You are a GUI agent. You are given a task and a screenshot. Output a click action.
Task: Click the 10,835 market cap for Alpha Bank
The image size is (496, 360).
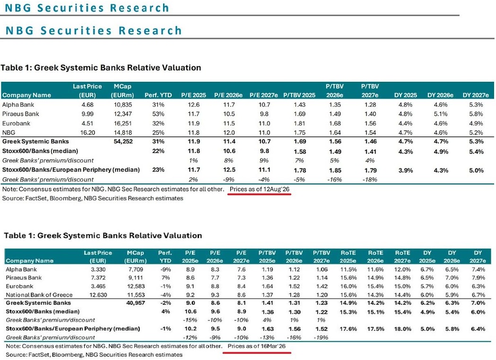[x=123, y=104]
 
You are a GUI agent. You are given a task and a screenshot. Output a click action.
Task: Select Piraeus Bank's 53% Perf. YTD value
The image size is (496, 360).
[x=158, y=114]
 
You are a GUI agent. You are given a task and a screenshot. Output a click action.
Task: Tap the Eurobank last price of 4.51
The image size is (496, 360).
[x=87, y=123]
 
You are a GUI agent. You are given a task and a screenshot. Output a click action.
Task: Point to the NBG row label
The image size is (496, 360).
[x=9, y=132]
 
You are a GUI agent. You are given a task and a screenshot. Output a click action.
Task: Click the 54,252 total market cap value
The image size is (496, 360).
[x=123, y=141]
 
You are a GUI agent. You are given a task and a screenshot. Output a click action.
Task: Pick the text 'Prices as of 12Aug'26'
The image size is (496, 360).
[x=260, y=189]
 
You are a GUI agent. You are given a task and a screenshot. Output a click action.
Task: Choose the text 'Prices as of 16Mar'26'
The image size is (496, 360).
[x=257, y=346]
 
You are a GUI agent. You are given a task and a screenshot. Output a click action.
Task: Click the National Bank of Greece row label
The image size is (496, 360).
[x=39, y=295]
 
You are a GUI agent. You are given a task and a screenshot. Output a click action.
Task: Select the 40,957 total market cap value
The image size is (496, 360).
[x=135, y=303]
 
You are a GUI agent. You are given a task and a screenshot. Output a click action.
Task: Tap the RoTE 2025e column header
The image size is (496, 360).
[x=348, y=257]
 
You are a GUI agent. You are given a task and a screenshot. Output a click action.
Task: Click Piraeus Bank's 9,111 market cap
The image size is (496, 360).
[x=136, y=277]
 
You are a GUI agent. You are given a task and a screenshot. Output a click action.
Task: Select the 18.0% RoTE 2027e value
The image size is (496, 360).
[x=403, y=329]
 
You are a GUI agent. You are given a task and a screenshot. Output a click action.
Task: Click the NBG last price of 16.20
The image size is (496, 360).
[x=87, y=132]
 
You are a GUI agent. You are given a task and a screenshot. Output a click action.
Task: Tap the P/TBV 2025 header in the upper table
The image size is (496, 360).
[x=299, y=95]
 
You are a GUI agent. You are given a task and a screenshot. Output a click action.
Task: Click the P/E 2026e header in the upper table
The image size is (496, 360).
[x=228, y=95]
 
